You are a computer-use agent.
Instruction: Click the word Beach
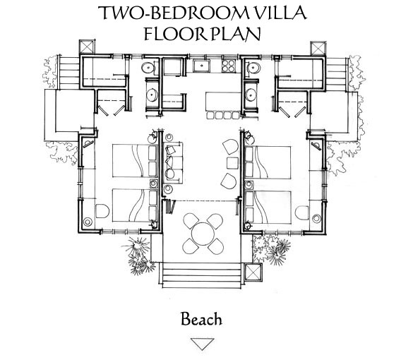coord(201,319)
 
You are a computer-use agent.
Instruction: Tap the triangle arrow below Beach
coord(202,344)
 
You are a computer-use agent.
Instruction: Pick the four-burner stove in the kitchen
coord(228,66)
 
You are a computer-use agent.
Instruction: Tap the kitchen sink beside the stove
coord(202,66)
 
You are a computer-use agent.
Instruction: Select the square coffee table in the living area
coord(232,163)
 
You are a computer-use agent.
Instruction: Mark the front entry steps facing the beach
coord(201,275)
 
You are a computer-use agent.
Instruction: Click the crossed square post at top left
coord(86,47)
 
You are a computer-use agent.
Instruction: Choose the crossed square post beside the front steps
coord(253,271)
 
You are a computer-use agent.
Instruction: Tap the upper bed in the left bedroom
coord(135,161)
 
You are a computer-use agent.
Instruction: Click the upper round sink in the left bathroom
coord(148,68)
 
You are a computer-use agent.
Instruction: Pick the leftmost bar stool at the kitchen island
coord(211,115)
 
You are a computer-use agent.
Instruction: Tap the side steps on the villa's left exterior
coord(69,73)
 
